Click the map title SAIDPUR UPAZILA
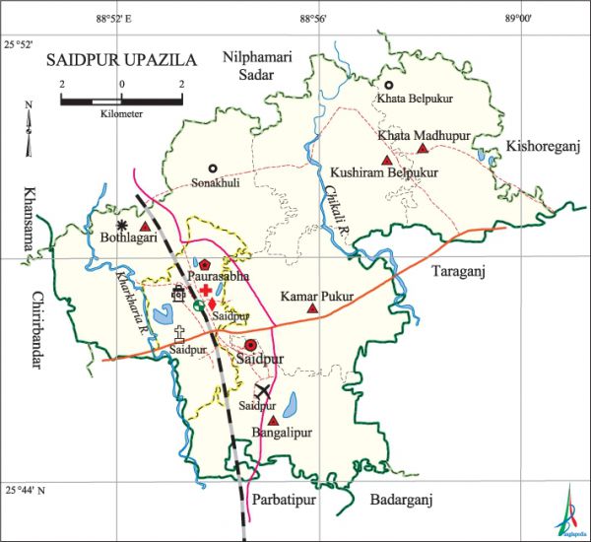(x=121, y=60)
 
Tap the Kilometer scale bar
(x=120, y=100)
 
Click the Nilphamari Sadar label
(x=259, y=65)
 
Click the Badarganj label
(x=402, y=500)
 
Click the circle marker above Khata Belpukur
(x=388, y=86)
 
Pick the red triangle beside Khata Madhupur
(x=423, y=149)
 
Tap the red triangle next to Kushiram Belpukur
(x=387, y=160)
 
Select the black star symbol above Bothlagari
(x=122, y=226)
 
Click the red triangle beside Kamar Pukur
(x=313, y=309)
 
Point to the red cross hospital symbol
(x=205, y=292)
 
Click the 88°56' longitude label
(x=312, y=17)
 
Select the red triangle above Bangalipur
(x=273, y=420)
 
